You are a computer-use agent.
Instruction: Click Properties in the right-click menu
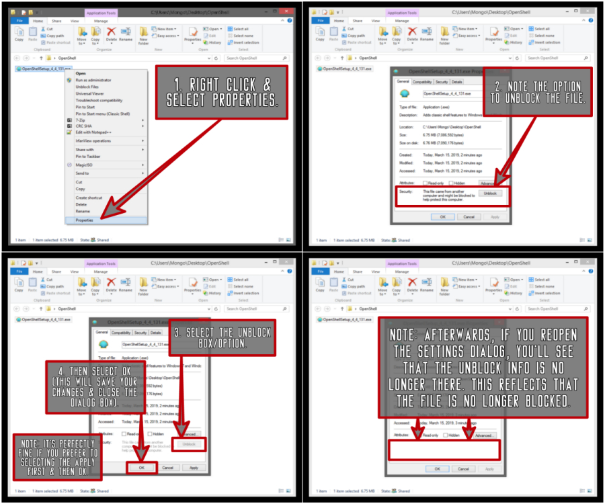[85, 220]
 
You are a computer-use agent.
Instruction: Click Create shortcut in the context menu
[89, 198]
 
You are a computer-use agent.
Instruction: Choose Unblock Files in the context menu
[87, 87]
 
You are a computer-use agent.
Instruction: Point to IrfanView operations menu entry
[93, 140]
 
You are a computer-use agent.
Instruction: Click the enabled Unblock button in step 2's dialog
[490, 193]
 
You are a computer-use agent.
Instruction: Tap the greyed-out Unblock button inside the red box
[188, 444]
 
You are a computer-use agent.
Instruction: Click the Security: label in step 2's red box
[405, 192]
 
